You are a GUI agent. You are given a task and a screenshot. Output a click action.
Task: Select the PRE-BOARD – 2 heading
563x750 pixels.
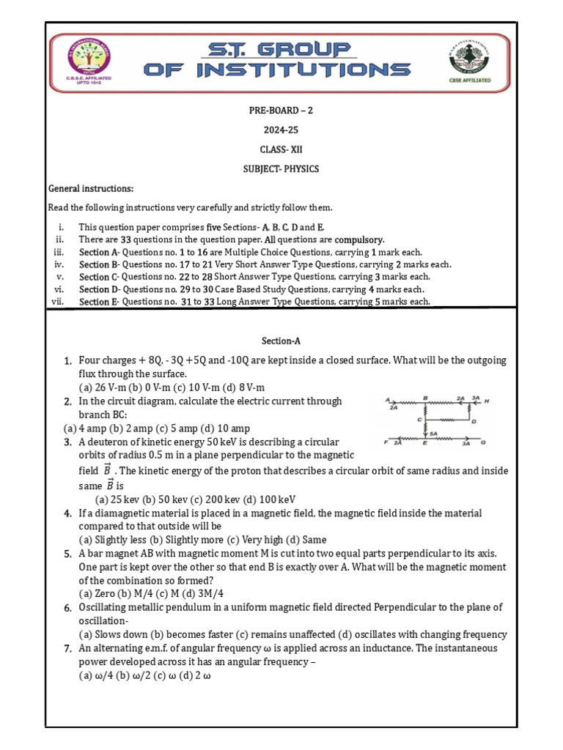[x=281, y=111]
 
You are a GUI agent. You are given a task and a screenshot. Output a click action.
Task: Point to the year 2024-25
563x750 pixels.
[x=281, y=130]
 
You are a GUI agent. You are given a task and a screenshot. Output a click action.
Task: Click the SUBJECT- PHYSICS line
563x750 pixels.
[x=281, y=169]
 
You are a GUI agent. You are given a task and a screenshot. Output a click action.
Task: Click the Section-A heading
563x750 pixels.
[x=281, y=341]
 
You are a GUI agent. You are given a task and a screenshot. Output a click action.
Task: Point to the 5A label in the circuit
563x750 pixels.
[x=434, y=434]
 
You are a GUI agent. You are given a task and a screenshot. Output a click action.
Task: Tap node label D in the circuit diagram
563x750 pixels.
[x=474, y=421]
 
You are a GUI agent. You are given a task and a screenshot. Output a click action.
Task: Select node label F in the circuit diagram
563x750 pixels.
[x=386, y=443]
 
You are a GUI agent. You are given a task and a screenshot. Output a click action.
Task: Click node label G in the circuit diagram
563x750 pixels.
[x=484, y=443]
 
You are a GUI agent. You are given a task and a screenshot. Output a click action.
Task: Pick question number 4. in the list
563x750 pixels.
[x=67, y=514]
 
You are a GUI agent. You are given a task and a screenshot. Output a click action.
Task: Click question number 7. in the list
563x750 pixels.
[x=67, y=649]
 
